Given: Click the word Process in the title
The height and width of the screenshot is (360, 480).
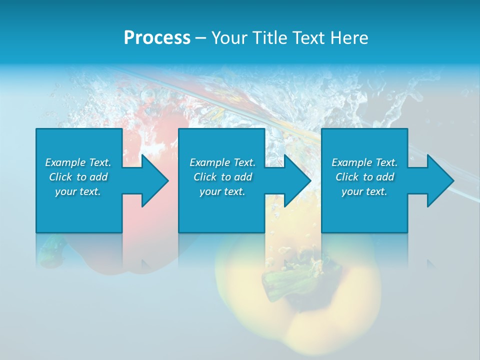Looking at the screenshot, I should click(157, 37).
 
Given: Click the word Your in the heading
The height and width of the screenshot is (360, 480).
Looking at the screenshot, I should click(230, 37).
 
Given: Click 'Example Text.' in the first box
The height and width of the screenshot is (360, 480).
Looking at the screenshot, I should click(78, 162).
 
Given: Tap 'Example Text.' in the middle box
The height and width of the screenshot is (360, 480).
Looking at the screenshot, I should click(222, 162).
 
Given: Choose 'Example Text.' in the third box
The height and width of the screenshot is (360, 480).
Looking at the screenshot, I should click(364, 162).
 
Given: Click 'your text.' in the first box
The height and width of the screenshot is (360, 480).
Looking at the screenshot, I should click(78, 191).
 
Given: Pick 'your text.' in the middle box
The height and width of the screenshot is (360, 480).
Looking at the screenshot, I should click(222, 191).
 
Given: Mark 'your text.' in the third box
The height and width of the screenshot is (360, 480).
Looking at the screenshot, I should click(364, 191).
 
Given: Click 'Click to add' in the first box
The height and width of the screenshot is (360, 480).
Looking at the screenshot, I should click(78, 177).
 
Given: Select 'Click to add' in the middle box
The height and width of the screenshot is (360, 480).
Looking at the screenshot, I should click(222, 177).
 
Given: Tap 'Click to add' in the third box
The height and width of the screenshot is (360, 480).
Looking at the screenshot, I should click(364, 177).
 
